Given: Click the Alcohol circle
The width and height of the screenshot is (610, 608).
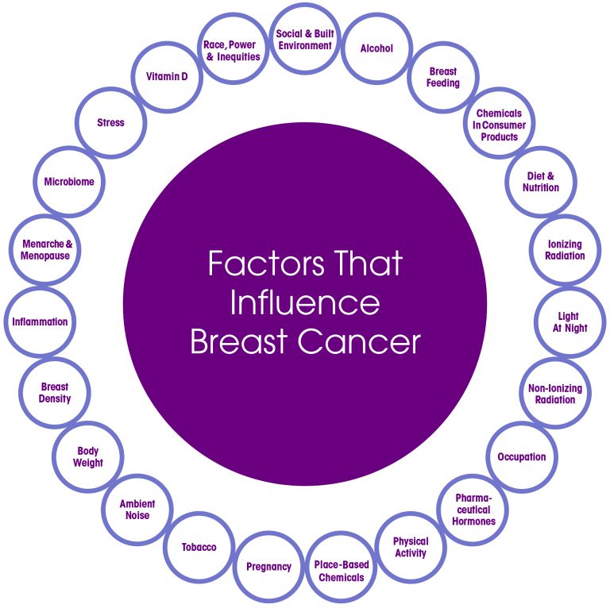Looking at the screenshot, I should click(376, 49).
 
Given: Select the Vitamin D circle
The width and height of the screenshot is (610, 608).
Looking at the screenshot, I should click(166, 77).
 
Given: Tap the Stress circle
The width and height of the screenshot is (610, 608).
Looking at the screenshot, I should click(110, 123).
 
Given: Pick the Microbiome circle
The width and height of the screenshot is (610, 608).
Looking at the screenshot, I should click(69, 182).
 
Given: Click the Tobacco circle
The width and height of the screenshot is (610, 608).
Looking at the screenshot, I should click(199, 547).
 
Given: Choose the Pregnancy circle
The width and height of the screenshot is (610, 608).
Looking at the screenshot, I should click(268, 567).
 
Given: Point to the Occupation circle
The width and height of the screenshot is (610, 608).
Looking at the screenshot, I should click(522, 457).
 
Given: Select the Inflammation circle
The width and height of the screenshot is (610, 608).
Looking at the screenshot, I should click(40, 322).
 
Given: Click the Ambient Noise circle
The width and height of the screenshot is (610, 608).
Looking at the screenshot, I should click(137, 510).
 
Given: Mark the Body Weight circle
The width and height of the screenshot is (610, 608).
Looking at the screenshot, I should click(89, 457).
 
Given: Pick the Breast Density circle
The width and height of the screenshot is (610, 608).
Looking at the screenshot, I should click(55, 393).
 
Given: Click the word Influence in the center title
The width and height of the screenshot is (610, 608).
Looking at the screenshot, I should click(304, 302).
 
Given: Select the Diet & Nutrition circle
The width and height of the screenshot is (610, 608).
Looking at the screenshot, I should click(541, 182).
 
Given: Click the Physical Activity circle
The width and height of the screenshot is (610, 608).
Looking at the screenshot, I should click(410, 547).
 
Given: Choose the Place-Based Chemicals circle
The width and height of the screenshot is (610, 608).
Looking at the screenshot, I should click(342, 571).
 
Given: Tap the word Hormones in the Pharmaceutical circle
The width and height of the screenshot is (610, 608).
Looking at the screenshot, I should click(473, 521).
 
